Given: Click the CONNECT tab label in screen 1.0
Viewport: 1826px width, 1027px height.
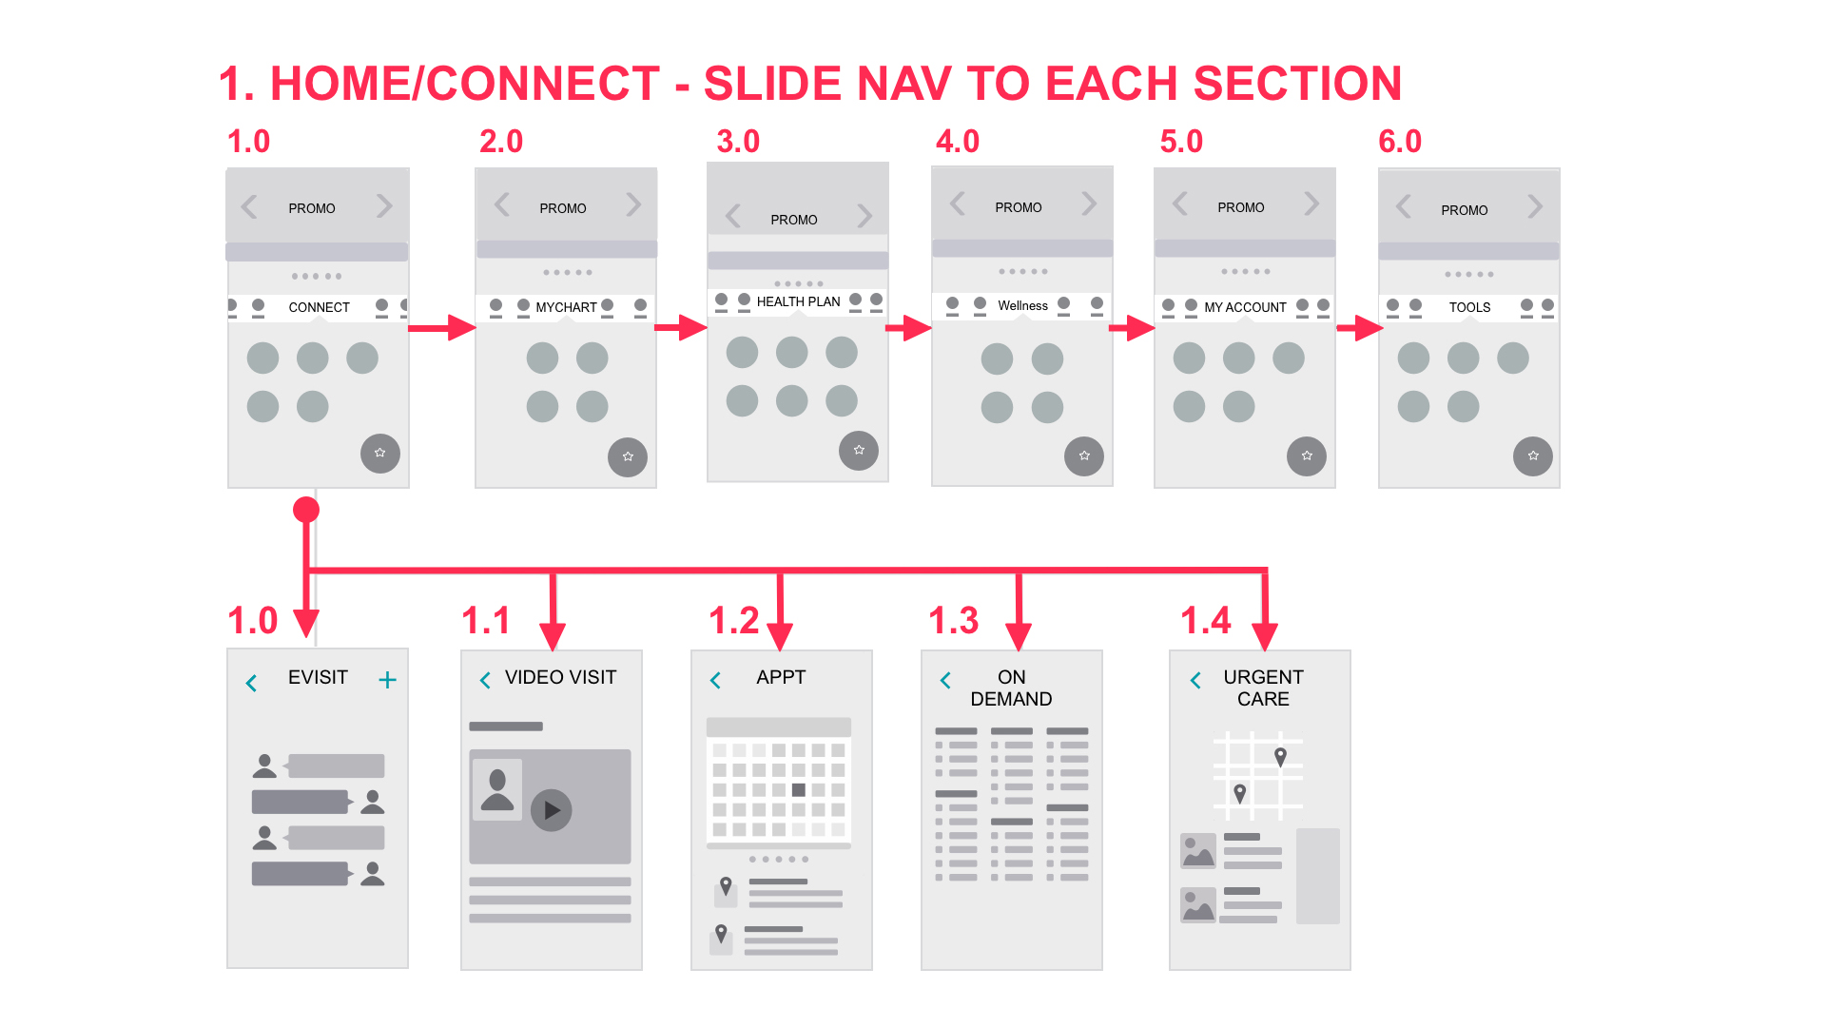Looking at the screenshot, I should point(319,307).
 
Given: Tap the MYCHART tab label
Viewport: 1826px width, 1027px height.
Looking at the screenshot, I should point(566,307).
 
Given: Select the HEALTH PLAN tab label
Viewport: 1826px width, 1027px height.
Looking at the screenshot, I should point(798,301).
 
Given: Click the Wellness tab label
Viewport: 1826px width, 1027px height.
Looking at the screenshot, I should point(1022,305).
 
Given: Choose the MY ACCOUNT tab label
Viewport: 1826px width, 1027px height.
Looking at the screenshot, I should point(1245,307).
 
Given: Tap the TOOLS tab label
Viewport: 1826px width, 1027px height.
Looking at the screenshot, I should point(1469,307).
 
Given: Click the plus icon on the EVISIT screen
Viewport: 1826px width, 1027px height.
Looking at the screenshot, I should point(387,680).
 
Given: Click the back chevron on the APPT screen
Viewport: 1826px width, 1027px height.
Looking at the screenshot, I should point(716,680).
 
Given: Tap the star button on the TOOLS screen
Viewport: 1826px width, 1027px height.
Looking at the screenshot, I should point(1532,456).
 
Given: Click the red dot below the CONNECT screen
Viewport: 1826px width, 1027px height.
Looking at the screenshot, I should point(306,510).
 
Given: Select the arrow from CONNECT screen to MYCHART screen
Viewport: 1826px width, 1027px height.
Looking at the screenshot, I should point(442,328).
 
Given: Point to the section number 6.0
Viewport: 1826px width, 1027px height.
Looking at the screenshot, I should point(1400,142).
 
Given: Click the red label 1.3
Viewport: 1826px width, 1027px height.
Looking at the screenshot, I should point(953,621).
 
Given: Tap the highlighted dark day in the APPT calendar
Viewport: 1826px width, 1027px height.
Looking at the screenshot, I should point(799,790).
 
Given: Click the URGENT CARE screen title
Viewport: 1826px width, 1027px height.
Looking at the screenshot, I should point(1263,688).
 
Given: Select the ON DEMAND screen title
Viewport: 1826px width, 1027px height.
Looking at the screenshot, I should point(1011,688).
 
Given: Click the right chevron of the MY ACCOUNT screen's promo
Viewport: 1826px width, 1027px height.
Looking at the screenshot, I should point(1311,203).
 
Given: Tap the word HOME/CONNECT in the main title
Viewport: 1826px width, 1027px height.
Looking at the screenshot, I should point(465,84).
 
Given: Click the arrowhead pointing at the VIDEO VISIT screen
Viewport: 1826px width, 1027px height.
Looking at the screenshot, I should point(553,636).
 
